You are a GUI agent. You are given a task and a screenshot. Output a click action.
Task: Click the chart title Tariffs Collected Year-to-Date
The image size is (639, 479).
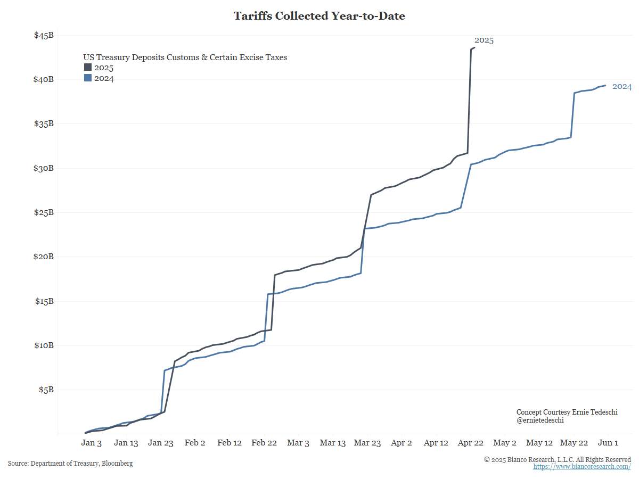point(319,16)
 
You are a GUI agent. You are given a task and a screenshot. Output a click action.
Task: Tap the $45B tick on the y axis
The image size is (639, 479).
point(44,36)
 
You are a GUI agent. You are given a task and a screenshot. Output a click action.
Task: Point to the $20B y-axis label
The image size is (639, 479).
point(44,257)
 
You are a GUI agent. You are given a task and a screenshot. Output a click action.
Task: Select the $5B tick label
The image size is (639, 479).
point(46,390)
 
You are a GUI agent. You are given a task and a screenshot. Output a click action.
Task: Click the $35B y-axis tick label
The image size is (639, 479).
point(44,124)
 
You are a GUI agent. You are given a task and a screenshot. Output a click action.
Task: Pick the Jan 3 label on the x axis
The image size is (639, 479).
point(92,443)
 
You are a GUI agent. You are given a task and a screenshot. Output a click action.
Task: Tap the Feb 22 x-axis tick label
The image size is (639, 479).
point(264,443)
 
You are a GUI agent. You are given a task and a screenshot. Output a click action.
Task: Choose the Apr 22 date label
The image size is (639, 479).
point(471,443)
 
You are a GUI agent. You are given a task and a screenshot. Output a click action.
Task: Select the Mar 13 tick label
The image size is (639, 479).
point(333,443)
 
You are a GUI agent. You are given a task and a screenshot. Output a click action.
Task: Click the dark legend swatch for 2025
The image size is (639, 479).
point(88,68)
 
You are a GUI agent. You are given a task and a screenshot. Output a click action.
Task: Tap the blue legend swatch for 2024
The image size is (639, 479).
point(88,78)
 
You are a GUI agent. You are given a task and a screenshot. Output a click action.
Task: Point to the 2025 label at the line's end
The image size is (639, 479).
point(484,40)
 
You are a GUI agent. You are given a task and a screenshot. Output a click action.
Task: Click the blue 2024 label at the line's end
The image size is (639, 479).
point(622,87)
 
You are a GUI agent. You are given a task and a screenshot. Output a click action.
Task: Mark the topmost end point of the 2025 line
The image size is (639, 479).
point(474,47)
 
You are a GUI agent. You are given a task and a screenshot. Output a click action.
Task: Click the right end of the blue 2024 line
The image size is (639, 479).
point(605,85)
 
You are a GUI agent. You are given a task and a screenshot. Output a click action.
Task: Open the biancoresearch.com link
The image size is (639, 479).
point(582,467)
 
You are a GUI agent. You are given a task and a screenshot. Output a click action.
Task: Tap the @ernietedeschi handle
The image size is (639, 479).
point(540,420)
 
